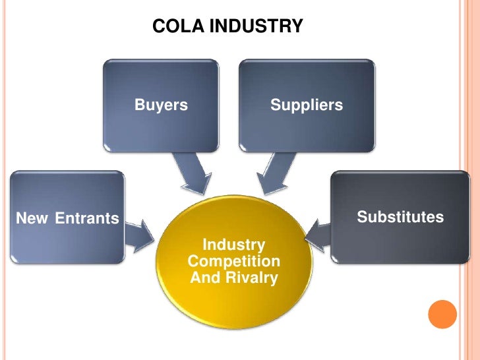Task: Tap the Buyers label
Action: (x=161, y=105)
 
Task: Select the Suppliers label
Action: (x=307, y=105)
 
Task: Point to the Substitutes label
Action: (x=400, y=217)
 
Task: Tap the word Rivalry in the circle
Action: (x=252, y=278)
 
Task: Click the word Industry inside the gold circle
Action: (x=233, y=245)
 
